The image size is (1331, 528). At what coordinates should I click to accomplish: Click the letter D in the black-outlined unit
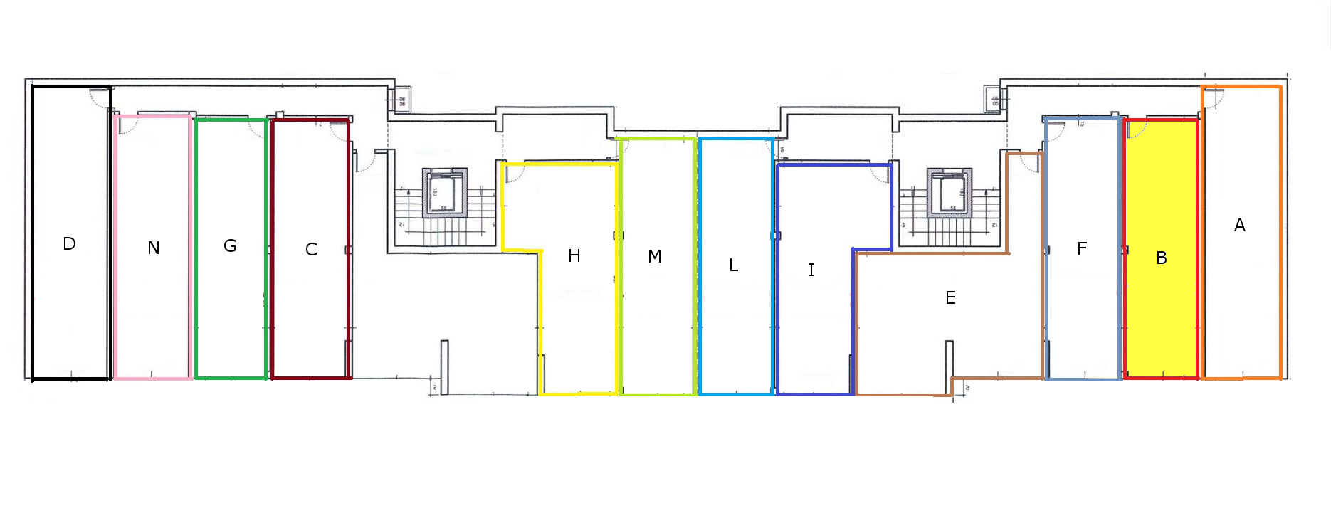(69, 244)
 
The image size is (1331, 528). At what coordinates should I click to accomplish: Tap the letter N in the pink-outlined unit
(154, 248)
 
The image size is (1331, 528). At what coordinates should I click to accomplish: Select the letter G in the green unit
(230, 246)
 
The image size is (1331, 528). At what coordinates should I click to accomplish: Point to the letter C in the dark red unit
(311, 250)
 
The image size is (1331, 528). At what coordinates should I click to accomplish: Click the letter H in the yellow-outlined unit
(574, 256)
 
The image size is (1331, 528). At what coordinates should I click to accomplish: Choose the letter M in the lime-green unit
(655, 256)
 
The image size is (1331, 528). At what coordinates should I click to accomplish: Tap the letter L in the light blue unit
(734, 265)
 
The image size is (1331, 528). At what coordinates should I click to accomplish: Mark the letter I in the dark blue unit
(811, 270)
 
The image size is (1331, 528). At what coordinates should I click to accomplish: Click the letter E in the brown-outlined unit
(950, 298)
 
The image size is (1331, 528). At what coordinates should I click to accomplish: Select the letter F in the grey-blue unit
(1082, 249)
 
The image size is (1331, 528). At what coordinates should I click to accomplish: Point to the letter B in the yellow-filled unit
(1162, 258)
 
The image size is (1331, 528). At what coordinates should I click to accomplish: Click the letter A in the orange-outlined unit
(1240, 226)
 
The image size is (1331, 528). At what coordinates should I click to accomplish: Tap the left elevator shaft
(444, 193)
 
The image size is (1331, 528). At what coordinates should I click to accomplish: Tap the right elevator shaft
(949, 193)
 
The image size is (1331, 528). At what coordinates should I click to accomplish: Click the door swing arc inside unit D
(99, 98)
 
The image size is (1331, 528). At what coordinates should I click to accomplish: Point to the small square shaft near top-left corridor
(401, 102)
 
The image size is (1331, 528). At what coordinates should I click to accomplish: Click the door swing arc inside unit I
(880, 174)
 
